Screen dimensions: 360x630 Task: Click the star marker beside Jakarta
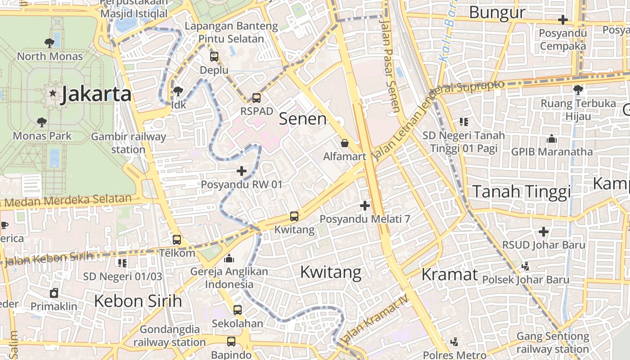(53, 94)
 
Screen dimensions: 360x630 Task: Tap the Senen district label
(302, 119)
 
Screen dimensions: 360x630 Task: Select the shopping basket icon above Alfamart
(345, 143)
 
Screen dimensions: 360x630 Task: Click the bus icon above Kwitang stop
(294, 216)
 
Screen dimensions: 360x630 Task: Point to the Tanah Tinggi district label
(521, 192)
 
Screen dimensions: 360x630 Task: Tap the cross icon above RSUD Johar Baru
(544, 232)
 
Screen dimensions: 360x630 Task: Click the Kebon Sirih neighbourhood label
(138, 301)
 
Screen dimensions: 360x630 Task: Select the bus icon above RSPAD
(256, 98)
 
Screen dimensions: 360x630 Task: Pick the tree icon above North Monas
(49, 43)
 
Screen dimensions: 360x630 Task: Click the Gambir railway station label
(128, 143)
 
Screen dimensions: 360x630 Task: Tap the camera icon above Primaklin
(54, 293)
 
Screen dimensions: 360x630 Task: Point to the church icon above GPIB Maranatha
(552, 139)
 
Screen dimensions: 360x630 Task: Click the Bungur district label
(497, 13)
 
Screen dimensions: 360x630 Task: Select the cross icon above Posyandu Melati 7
(365, 206)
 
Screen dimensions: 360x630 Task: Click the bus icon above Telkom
(177, 240)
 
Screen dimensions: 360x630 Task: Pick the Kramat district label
(449, 274)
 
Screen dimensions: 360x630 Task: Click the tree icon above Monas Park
(42, 122)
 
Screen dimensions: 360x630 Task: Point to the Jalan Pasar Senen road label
(390, 65)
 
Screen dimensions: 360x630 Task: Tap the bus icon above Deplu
(214, 57)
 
